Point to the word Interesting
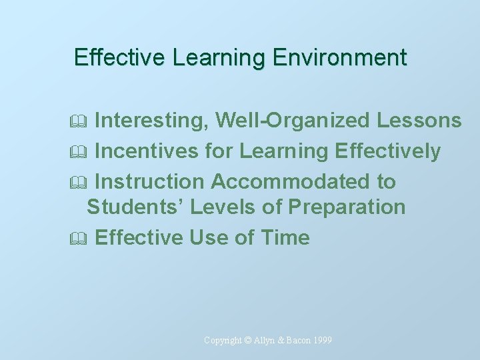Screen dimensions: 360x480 tap(152, 121)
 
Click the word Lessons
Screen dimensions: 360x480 tap(419, 121)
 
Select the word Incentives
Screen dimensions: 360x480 tap(147, 151)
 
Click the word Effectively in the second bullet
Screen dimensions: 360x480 tap(388, 151)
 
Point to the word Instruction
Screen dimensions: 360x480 tap(150, 181)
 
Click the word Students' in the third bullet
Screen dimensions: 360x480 tap(135, 207)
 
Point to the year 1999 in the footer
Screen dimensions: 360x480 tap(321, 341)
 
